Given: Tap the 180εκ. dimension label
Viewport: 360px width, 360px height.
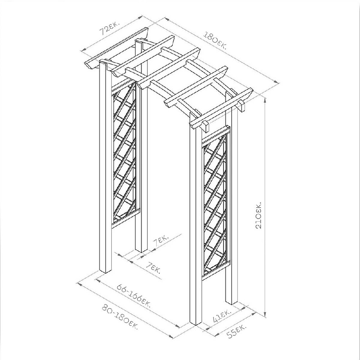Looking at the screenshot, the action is point(215,41).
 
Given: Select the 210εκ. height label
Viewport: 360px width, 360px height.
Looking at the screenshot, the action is point(258,215).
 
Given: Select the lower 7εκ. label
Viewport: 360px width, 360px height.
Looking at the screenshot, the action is point(153,268).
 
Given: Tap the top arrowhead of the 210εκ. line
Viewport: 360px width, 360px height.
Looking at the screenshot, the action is point(265,100).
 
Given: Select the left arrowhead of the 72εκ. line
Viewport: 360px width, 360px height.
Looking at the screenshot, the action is point(84,50).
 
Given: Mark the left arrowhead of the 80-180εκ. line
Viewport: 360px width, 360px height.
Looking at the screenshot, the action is point(80,284).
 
